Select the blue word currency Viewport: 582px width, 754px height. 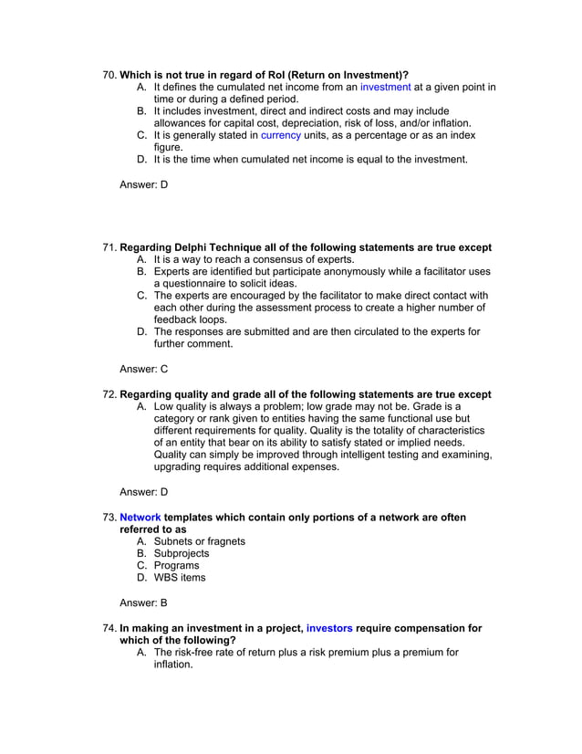tap(280, 135)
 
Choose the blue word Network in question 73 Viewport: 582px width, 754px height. tap(140, 518)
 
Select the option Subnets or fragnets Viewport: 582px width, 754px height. tap(199, 541)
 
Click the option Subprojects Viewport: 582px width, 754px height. tap(181, 553)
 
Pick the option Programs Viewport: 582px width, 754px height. tap(176, 565)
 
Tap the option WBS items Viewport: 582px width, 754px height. tap(179, 577)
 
